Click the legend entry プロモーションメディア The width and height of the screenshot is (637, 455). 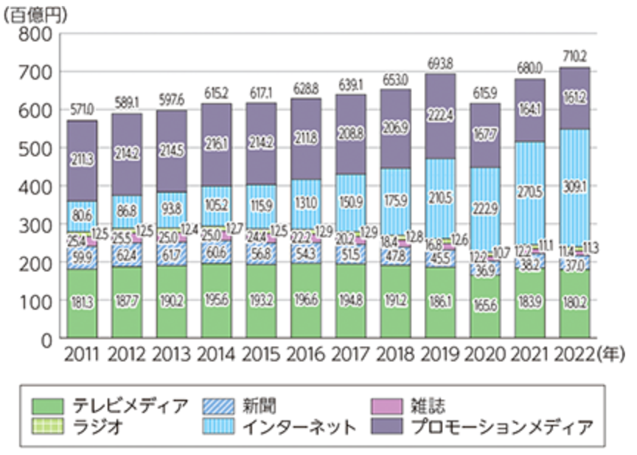point(501,426)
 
